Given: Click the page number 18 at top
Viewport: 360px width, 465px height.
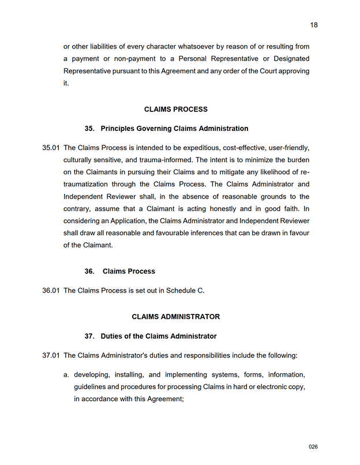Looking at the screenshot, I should [x=314, y=25].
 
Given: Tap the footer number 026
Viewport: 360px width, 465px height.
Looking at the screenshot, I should [x=313, y=447].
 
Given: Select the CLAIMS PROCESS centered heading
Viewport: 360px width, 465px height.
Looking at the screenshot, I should [x=175, y=109].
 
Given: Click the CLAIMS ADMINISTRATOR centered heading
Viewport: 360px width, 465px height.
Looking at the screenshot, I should [x=175, y=317].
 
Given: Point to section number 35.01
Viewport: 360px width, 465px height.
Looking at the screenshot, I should [x=51, y=148].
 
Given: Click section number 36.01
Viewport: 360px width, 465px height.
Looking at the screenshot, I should [x=51, y=290].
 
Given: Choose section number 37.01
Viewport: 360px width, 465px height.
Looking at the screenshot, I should [x=51, y=355].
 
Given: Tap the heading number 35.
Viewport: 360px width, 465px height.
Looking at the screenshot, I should [x=89, y=129].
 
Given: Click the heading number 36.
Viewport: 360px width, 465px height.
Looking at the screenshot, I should [x=89, y=271].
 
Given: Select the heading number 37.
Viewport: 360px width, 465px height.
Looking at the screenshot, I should [x=89, y=336].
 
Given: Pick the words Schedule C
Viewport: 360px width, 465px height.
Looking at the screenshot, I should [x=185, y=290].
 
